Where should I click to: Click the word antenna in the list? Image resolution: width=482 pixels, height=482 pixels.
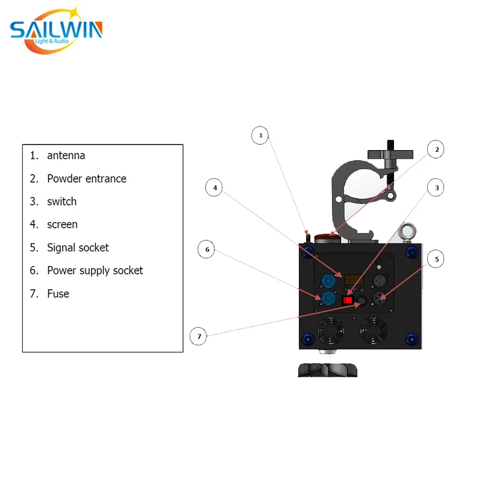tap(66, 155)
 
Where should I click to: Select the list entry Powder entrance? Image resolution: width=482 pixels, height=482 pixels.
tap(86, 178)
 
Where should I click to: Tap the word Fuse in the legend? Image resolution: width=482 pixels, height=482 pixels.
tap(58, 293)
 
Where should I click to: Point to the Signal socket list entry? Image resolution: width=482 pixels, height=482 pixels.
tap(78, 248)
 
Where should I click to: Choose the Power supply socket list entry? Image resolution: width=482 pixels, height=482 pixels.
tap(95, 271)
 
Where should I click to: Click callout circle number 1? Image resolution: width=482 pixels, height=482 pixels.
tap(260, 136)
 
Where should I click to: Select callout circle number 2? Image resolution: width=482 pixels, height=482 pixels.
tap(436, 149)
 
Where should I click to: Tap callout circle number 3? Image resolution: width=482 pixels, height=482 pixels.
tap(436, 188)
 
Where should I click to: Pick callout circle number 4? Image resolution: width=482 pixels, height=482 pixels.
tap(214, 188)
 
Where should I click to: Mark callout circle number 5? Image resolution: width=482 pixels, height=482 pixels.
tap(436, 260)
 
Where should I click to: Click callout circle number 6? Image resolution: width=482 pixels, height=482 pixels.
tap(207, 249)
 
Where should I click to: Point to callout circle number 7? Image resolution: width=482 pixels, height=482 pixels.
tap(198, 336)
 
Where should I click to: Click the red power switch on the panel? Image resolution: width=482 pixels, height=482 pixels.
tap(348, 299)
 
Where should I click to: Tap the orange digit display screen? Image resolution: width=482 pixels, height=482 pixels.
tap(353, 279)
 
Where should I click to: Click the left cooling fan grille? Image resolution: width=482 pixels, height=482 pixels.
tap(330, 331)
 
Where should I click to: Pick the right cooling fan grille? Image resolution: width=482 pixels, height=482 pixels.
tap(374, 331)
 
